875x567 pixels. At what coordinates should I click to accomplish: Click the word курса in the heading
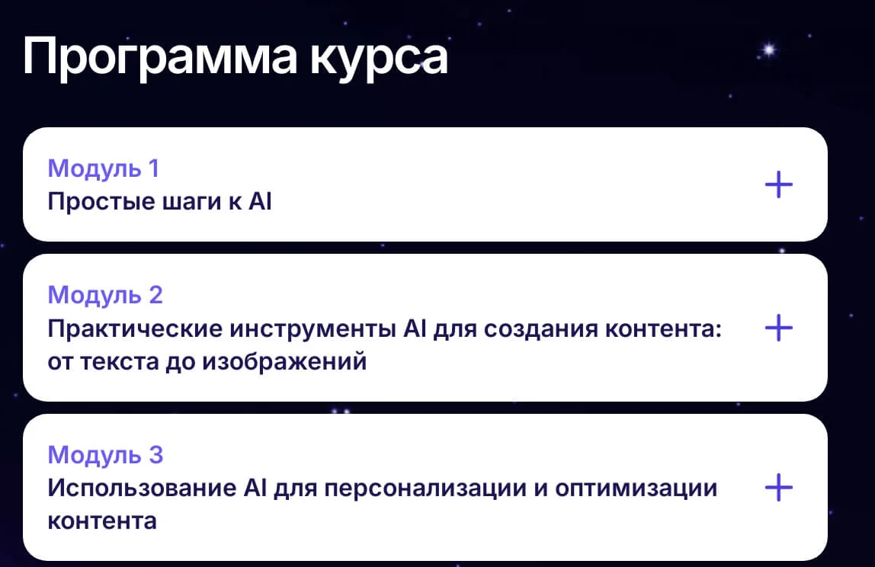coord(380,58)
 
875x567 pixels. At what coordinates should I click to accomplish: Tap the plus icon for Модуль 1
coord(778,184)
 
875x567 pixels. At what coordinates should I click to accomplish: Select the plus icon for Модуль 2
coord(778,328)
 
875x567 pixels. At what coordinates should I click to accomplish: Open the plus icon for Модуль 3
coord(778,487)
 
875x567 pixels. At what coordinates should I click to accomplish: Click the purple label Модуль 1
coord(104,169)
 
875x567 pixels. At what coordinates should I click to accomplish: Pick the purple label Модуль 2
coord(105,296)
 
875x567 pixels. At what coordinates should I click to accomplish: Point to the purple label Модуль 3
coord(105,456)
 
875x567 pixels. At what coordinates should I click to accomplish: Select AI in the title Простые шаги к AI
coord(260,201)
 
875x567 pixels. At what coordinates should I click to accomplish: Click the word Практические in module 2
coord(135,328)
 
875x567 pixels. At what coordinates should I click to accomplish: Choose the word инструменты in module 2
coord(313,330)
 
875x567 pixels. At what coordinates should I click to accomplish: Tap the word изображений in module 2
coord(284,362)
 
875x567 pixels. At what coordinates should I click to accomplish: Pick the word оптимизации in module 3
coord(636,489)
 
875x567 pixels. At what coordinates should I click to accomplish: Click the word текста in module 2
coord(120,362)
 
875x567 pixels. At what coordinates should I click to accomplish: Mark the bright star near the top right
coord(770,50)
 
